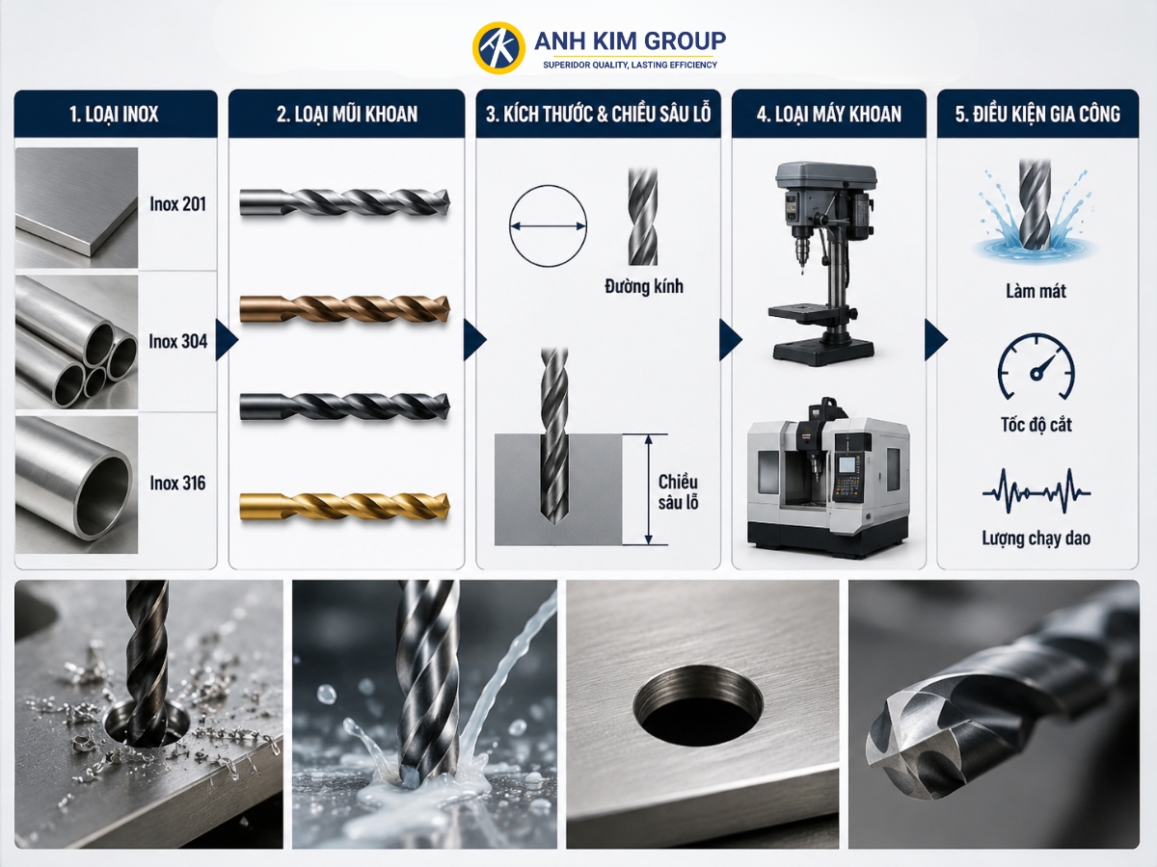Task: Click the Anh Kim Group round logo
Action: point(498,48)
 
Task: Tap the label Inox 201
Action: point(177,204)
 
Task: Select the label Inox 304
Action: point(177,342)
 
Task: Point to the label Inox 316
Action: point(177,484)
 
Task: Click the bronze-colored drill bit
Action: point(345,308)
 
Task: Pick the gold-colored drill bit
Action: point(345,507)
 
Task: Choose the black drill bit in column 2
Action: point(345,407)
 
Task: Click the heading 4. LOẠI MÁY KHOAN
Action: point(829,115)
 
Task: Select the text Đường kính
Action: point(644,286)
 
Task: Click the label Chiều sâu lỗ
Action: point(679,492)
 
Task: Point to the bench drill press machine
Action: point(822,264)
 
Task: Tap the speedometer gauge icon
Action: point(1036,367)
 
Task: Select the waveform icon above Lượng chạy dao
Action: point(1036,491)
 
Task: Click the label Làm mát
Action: point(1036,291)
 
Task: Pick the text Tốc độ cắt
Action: point(1036,425)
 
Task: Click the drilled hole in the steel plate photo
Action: point(697,705)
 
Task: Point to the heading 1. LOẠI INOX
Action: point(114,115)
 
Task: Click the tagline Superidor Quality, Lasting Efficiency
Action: point(630,65)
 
